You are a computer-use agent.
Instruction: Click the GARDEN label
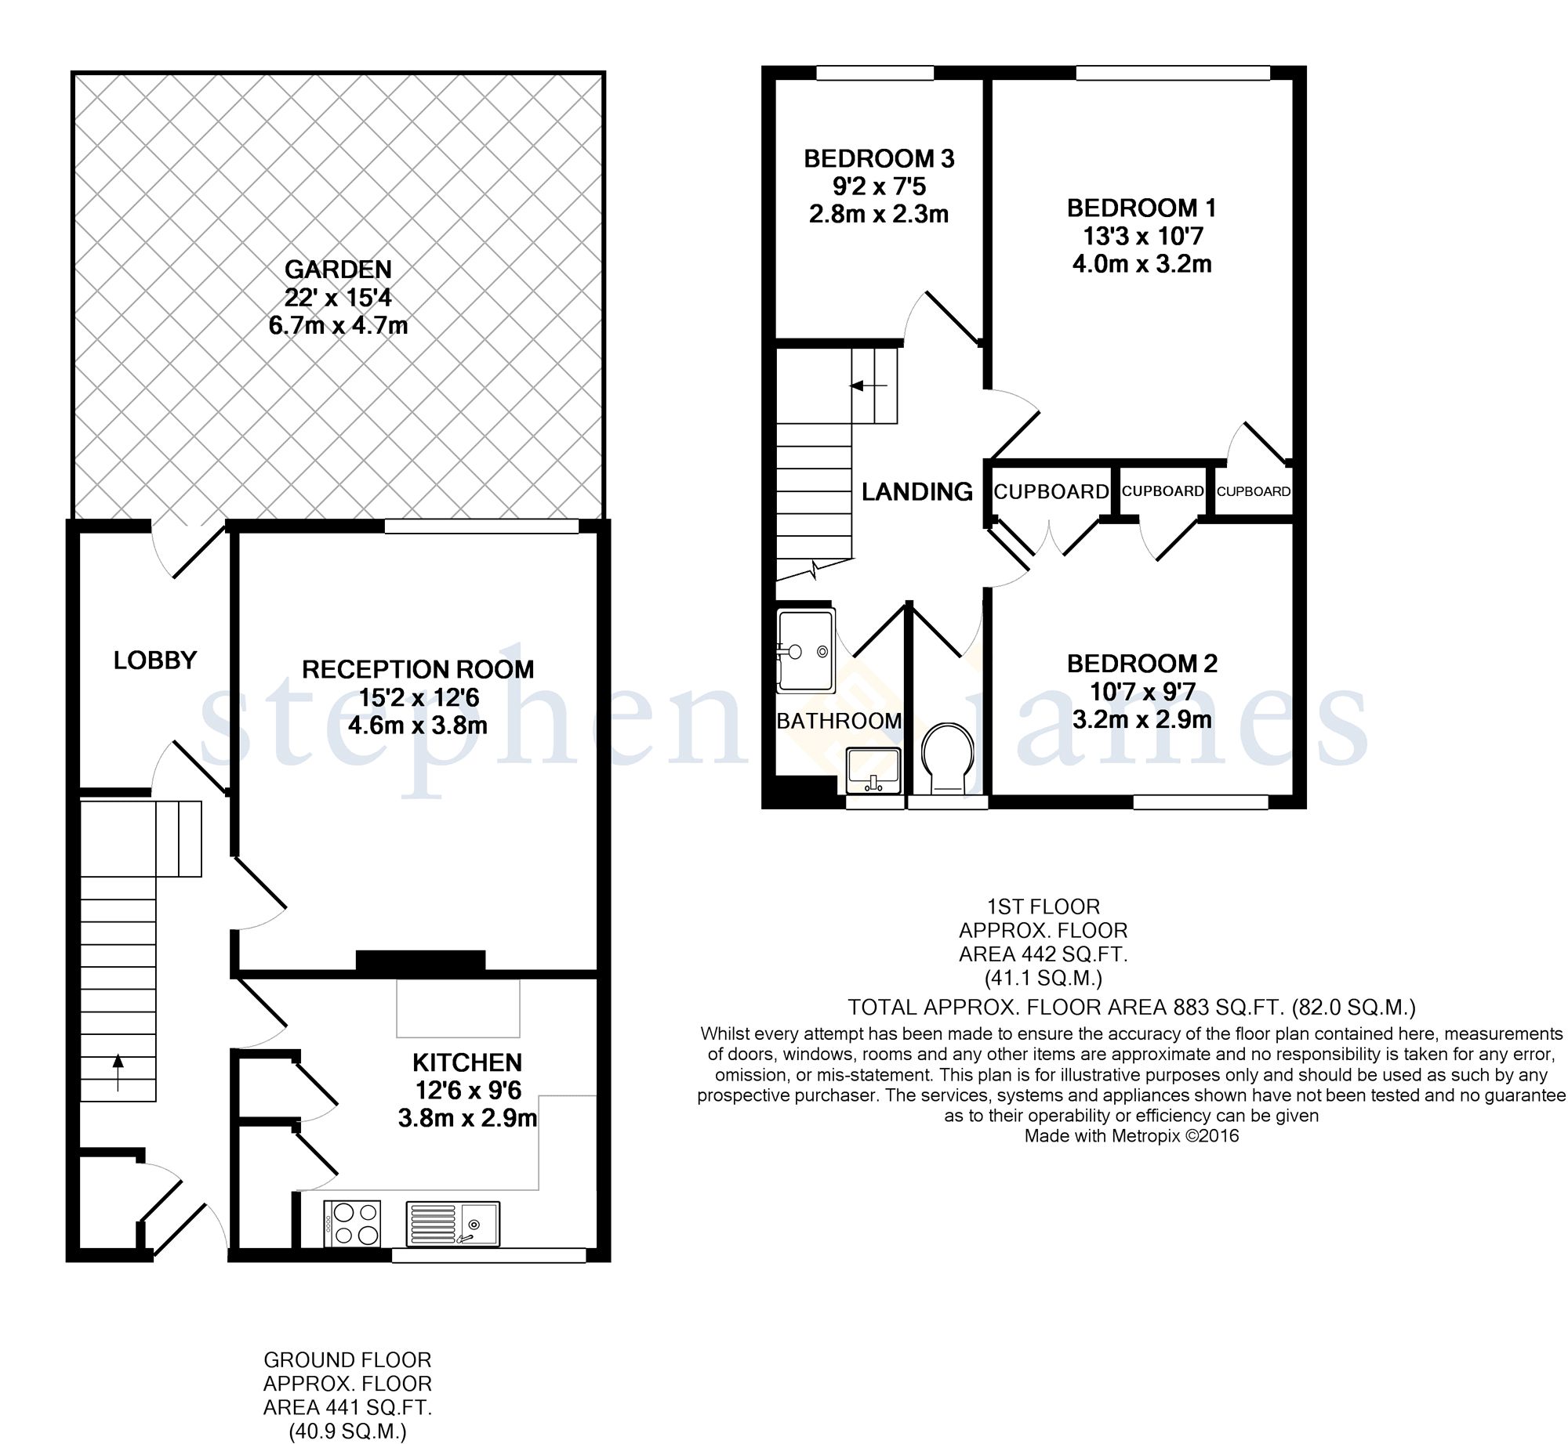[x=338, y=270]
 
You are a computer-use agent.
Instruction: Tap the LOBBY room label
[x=155, y=660]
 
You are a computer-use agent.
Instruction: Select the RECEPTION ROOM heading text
[x=418, y=669]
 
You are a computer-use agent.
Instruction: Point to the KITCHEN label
[x=467, y=1062]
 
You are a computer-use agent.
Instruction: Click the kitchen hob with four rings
[x=352, y=1223]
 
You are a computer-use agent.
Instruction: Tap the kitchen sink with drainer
[x=452, y=1223]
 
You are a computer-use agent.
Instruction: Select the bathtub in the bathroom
[x=805, y=651]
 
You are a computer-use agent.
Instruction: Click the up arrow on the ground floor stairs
[x=118, y=1072]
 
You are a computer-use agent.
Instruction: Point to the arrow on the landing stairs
[x=869, y=385]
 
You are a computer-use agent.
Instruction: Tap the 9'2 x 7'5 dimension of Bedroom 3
[x=880, y=186]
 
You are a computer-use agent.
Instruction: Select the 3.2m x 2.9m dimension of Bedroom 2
[x=1142, y=719]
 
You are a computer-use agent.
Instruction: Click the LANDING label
[x=917, y=491]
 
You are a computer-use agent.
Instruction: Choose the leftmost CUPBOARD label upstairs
[x=1051, y=491]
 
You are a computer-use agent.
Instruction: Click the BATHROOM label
[x=839, y=720]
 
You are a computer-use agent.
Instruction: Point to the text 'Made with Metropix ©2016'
[x=1131, y=1136]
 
